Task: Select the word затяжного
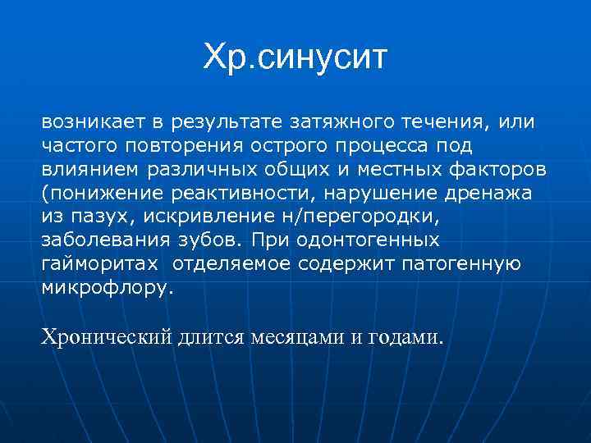coord(335,122)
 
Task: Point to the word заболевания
coord(99,240)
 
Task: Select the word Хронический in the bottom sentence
coord(106,337)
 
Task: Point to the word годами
coord(405,337)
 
